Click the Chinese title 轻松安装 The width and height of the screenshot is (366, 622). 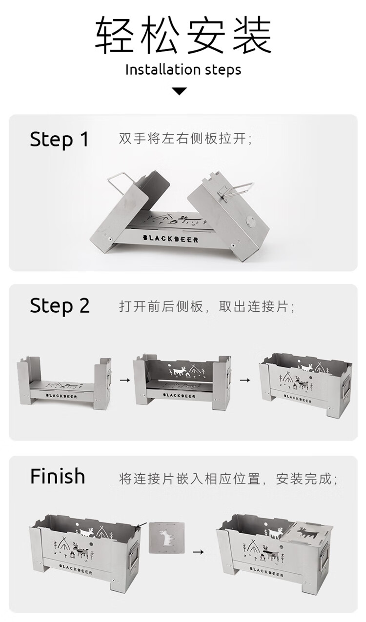pyautogui.click(x=183, y=35)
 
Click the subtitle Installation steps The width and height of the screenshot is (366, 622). pyautogui.click(x=183, y=69)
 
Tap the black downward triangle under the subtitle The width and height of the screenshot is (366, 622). pyautogui.click(x=180, y=91)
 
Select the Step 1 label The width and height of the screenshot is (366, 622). pyautogui.click(x=59, y=140)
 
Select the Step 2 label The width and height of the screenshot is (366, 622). pyautogui.click(x=60, y=306)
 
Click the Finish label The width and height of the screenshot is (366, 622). pyautogui.click(x=58, y=476)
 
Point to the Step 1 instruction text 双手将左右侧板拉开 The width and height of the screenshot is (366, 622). pyautogui.click(x=185, y=139)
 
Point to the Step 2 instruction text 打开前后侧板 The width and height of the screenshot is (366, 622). pyautogui.click(x=161, y=307)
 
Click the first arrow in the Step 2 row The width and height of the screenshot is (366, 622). pyautogui.click(x=125, y=380)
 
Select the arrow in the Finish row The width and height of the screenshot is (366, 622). pyautogui.click(x=198, y=552)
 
